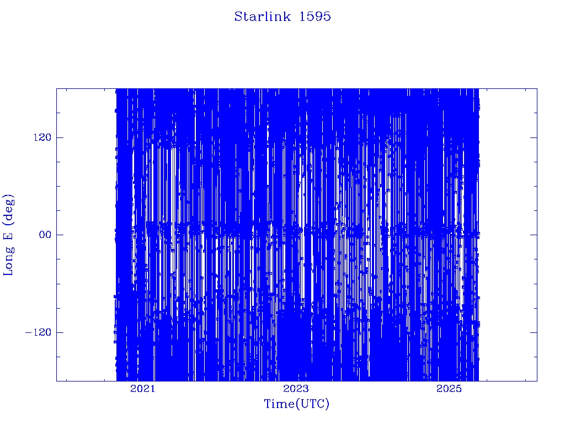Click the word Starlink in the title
coord(262,17)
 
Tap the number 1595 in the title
coord(315,17)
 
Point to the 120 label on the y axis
coord(42,137)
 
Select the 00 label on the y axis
coord(45,235)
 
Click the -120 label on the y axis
coord(38,332)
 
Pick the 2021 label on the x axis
coord(143,389)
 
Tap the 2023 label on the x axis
coord(296,389)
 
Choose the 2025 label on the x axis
coord(449,389)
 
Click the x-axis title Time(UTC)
coord(296,404)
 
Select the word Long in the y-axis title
coord(8,262)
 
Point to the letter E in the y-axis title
coord(8,236)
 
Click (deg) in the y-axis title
coord(9,209)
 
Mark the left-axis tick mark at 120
coord(60,137)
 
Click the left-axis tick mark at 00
coord(60,235)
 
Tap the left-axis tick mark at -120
coord(60,332)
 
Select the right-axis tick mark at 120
coord(534,137)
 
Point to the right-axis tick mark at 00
coord(534,235)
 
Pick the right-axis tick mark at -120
coord(534,332)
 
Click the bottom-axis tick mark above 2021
coord(143,378)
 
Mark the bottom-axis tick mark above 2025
coord(449,378)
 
